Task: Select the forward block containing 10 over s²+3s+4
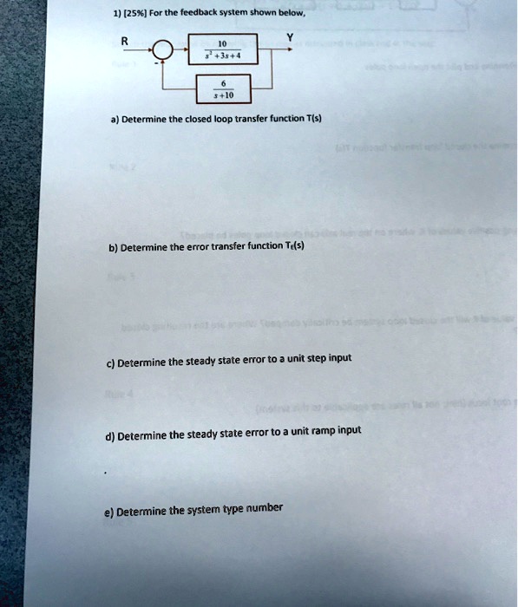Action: click(x=222, y=49)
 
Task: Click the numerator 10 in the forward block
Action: click(x=222, y=42)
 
